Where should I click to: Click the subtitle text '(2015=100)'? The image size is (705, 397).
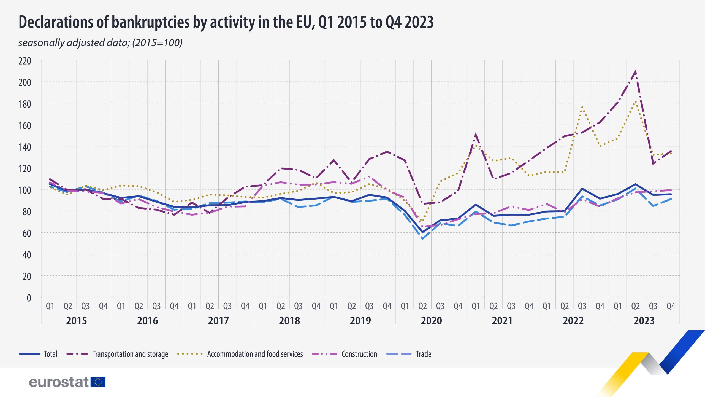[157, 43]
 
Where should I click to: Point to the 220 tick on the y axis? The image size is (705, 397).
[25, 61]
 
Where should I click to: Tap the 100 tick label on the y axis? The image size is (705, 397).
[25, 190]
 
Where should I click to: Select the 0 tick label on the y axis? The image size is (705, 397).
[29, 298]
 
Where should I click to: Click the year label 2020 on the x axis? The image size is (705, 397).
[431, 321]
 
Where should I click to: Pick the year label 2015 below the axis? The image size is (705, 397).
[77, 321]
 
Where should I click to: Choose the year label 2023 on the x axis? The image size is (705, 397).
[644, 321]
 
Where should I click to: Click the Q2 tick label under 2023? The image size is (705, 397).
[635, 306]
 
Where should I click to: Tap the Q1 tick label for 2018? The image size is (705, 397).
[263, 306]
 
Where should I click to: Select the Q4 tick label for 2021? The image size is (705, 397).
[529, 306]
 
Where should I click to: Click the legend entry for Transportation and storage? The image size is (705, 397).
[130, 354]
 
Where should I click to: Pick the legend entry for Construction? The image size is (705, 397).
[359, 354]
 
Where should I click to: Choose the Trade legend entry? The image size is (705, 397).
[424, 354]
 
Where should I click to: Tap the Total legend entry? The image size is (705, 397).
[50, 354]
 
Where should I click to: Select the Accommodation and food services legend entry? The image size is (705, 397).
[255, 354]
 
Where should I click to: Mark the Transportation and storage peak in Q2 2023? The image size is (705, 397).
[635, 72]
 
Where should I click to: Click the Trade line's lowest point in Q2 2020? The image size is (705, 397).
[422, 238]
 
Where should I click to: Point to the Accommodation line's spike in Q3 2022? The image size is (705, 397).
[582, 107]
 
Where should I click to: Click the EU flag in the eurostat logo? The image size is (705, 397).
[98, 382]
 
